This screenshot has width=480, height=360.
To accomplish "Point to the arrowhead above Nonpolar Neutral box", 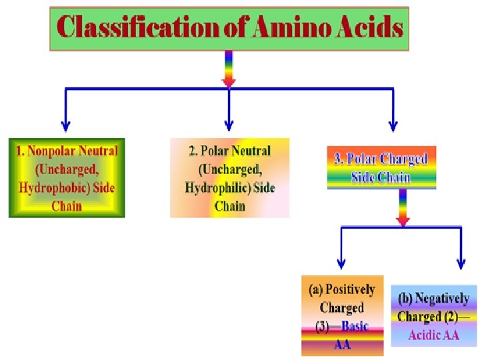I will click(65, 124).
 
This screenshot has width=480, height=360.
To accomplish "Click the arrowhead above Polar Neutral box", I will click(229, 124).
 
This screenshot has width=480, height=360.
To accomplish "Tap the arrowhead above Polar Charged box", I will click(393, 124).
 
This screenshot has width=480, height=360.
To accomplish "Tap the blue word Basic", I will click(355, 327).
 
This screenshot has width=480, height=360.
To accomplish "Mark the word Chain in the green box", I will click(66, 205).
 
